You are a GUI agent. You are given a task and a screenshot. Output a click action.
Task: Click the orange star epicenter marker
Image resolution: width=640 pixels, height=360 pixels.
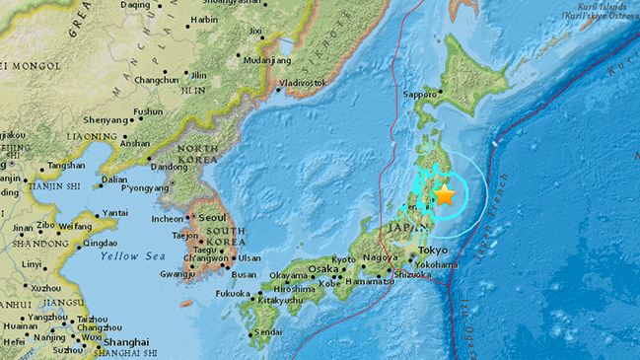447,194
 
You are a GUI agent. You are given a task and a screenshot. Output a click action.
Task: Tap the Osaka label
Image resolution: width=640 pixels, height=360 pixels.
322,268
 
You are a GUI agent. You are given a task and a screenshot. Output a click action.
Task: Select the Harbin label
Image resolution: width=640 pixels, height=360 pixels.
203,19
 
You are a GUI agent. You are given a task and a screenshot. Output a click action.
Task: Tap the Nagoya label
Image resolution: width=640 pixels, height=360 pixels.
380,258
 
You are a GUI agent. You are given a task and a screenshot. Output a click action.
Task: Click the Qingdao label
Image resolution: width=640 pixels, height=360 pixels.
101,241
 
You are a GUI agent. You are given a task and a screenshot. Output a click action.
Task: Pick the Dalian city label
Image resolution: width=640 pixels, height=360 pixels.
114,180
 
